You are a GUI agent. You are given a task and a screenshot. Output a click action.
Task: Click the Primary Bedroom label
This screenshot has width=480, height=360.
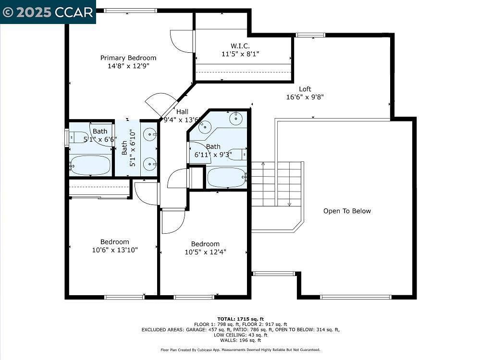click(x=128, y=58)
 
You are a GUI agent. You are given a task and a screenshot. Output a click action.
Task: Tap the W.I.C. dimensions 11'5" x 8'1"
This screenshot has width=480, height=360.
click(x=240, y=54)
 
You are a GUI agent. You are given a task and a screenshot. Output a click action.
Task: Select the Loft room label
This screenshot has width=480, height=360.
click(x=305, y=89)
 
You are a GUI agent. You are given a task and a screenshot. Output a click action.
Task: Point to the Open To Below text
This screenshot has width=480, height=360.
click(x=347, y=211)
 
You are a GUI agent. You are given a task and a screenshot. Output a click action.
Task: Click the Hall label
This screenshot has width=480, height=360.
click(x=182, y=112)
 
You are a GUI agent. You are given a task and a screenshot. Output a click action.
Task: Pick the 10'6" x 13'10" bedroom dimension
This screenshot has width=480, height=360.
click(x=115, y=250)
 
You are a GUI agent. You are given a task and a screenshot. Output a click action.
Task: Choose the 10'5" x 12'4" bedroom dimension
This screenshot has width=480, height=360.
click(x=206, y=252)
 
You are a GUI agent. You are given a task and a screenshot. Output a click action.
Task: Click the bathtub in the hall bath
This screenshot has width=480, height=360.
click(x=227, y=178)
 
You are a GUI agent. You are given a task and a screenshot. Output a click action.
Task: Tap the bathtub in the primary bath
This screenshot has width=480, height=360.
click(x=90, y=165)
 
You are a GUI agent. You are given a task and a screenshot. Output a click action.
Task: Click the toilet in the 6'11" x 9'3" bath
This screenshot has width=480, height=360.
click(x=238, y=154)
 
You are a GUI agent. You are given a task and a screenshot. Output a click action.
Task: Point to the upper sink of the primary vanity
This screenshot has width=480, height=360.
click(x=150, y=134)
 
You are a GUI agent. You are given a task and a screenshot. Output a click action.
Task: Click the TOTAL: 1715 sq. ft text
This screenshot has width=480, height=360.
click(x=240, y=319)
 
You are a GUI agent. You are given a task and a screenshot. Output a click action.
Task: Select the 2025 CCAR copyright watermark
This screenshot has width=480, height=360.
click(x=48, y=12)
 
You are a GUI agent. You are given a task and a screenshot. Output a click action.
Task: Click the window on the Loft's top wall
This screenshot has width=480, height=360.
click(x=310, y=35)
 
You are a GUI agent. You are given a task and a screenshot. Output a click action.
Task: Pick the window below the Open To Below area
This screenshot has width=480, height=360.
click(x=356, y=297)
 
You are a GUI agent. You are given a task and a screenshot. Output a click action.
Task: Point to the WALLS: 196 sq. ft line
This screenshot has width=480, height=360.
click(x=240, y=340)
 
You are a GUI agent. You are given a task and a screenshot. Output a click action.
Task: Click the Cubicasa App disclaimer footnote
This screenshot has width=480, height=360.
click(x=240, y=349)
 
